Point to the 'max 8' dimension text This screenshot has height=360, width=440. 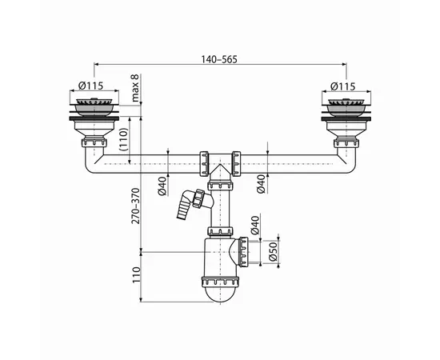[136, 84]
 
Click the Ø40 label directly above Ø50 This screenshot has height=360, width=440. [256, 224]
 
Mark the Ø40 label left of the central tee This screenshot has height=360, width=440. [162, 186]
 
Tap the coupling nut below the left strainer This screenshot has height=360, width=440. [95, 142]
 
